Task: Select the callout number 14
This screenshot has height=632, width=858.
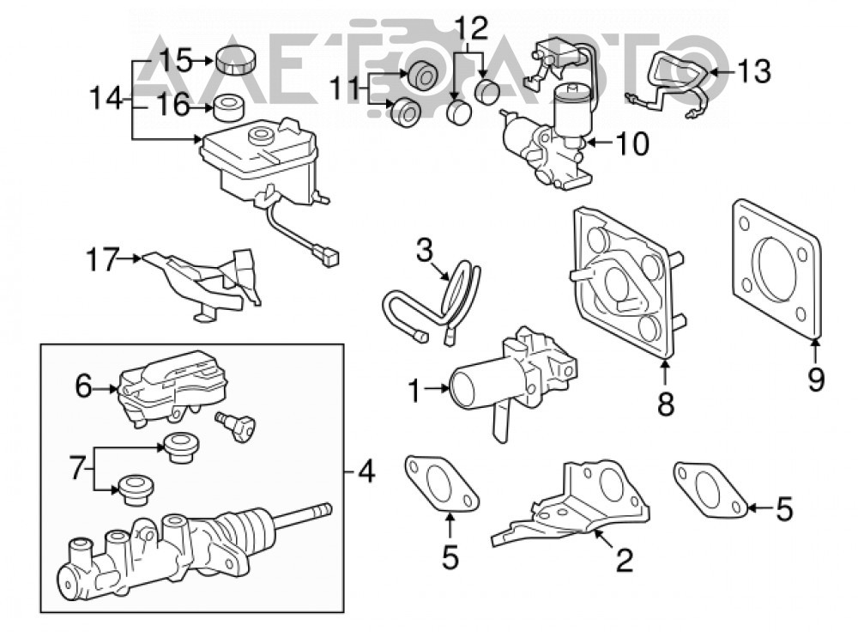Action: [x=106, y=99]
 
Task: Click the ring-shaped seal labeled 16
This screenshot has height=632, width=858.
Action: [x=227, y=108]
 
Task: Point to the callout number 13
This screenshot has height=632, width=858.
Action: [x=754, y=71]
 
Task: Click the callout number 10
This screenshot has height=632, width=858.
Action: [x=633, y=144]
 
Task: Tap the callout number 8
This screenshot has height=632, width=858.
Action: [x=666, y=404]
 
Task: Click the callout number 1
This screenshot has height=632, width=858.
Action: [x=415, y=391]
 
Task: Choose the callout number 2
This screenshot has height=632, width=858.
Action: [x=625, y=559]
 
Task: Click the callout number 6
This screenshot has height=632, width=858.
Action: [x=83, y=386]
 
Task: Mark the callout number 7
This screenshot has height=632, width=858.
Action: [x=78, y=470]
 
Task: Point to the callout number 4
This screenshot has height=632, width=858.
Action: [x=366, y=471]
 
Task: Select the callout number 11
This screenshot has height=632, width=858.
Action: [x=346, y=88]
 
